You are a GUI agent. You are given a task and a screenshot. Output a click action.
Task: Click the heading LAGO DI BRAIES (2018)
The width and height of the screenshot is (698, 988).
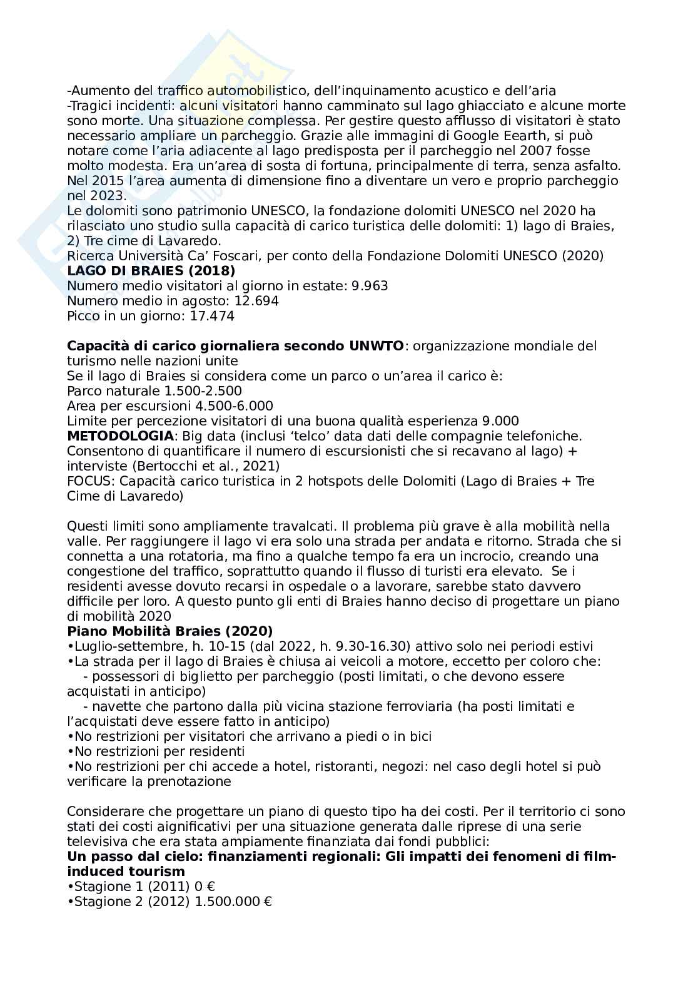coord(151,271)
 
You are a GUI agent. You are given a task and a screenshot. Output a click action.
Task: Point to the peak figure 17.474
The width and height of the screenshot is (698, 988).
coord(211,316)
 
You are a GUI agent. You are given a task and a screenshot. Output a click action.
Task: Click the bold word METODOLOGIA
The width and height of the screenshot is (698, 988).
coord(121,436)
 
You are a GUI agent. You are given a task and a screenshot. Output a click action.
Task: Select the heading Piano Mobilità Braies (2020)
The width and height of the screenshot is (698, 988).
coord(169,631)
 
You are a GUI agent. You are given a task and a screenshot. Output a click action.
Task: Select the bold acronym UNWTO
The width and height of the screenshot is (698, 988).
coord(372,346)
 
